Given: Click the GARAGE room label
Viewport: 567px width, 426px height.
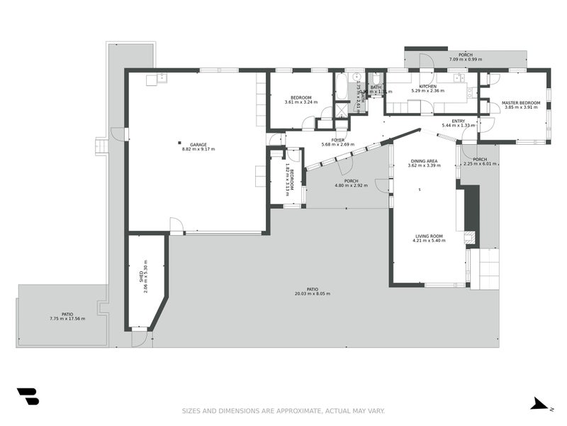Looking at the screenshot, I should [198, 145].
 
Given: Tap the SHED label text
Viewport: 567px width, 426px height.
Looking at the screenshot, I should [142, 277].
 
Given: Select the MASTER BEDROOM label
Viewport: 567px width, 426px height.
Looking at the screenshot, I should [521, 103].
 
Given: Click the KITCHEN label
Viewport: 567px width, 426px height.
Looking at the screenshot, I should [427, 86].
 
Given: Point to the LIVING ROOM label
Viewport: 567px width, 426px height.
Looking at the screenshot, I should [428, 236].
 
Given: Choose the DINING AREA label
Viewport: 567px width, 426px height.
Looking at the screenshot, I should [422, 161].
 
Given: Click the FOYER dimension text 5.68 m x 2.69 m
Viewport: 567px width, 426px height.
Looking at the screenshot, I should [337, 145].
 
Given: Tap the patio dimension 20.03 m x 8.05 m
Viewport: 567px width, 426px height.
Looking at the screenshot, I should [312, 293].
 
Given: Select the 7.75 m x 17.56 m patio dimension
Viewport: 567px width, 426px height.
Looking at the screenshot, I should [67, 318].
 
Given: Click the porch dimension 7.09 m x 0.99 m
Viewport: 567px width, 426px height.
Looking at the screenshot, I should [465, 60].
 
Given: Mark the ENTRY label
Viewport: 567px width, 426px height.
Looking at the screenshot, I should [459, 121].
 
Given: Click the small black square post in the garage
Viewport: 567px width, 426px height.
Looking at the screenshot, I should [179, 141].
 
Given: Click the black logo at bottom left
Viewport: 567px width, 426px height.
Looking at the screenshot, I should [28, 396].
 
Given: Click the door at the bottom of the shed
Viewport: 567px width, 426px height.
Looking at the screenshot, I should [140, 338].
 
